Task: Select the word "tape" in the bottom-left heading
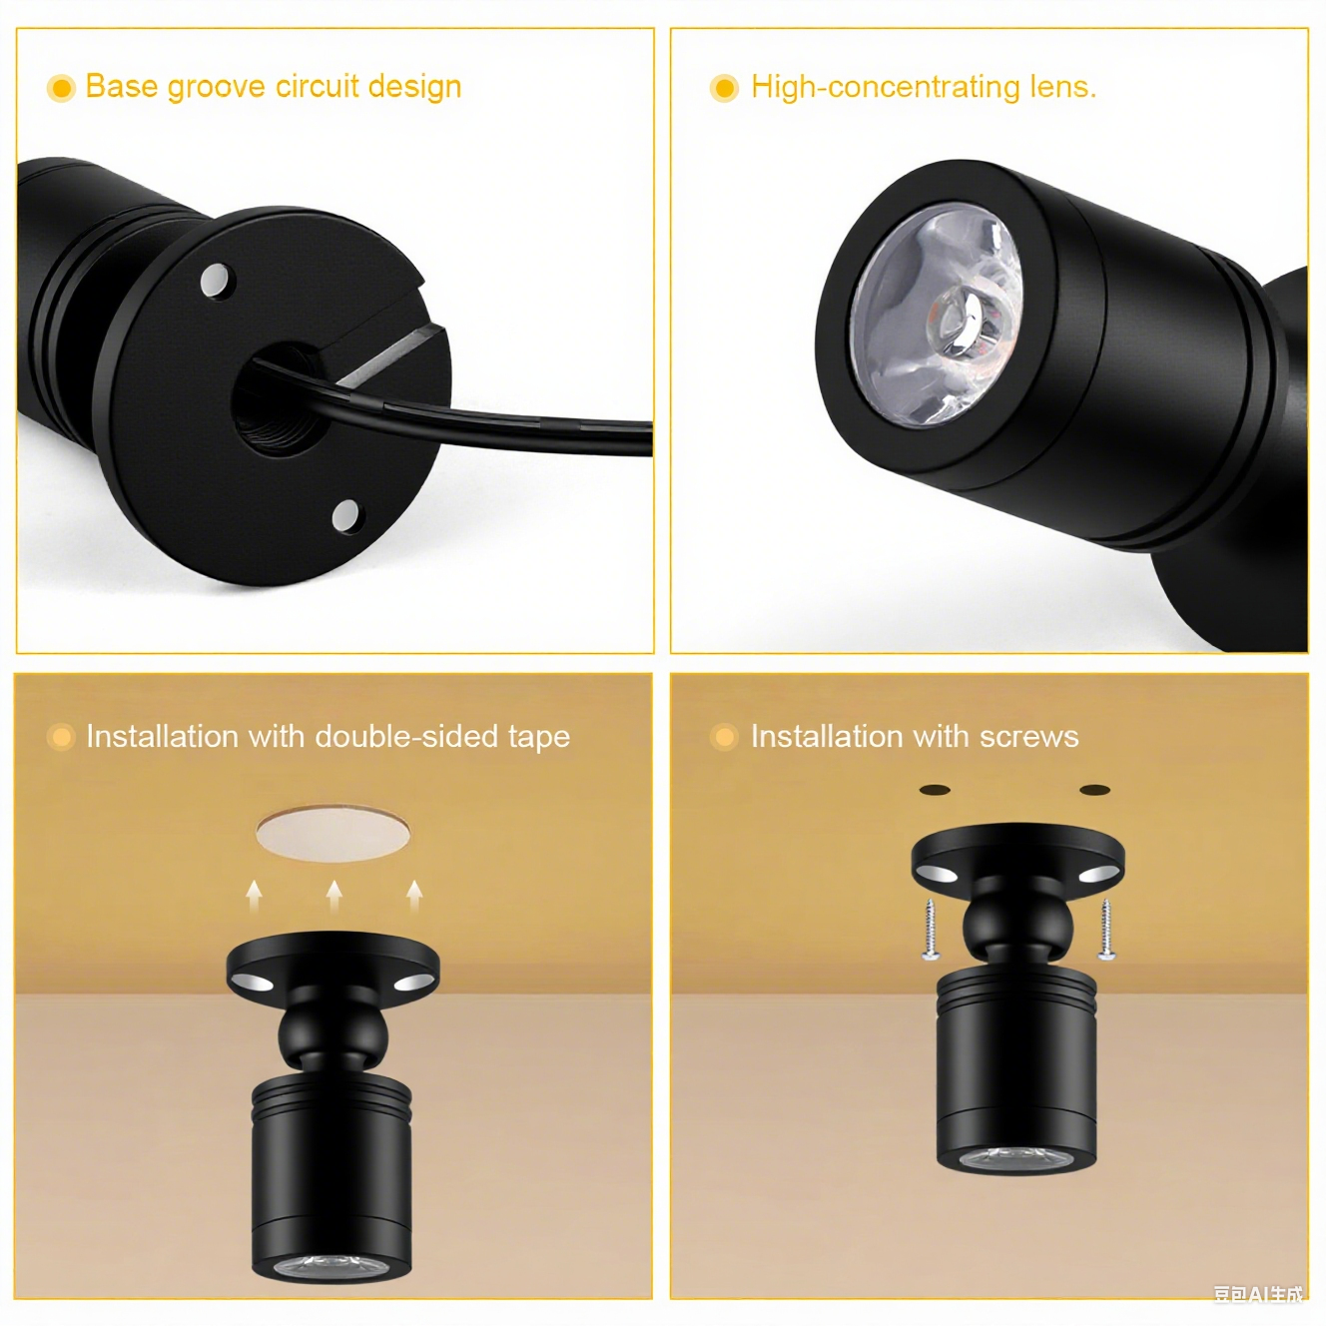point(538,738)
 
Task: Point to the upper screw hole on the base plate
point(216,280)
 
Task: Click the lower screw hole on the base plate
point(345,515)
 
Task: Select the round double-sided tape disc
point(332,832)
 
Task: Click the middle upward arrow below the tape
point(334,894)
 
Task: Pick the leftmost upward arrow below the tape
point(255,895)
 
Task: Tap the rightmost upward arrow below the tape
point(414,895)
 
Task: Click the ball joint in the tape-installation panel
point(332,1034)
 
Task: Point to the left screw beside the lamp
point(930,930)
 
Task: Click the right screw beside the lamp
point(1106,930)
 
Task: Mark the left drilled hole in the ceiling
point(935,791)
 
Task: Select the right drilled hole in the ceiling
point(1094,791)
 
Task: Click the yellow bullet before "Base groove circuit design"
point(61,88)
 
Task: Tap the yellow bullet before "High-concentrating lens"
point(724,88)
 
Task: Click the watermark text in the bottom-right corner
point(1258,1294)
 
